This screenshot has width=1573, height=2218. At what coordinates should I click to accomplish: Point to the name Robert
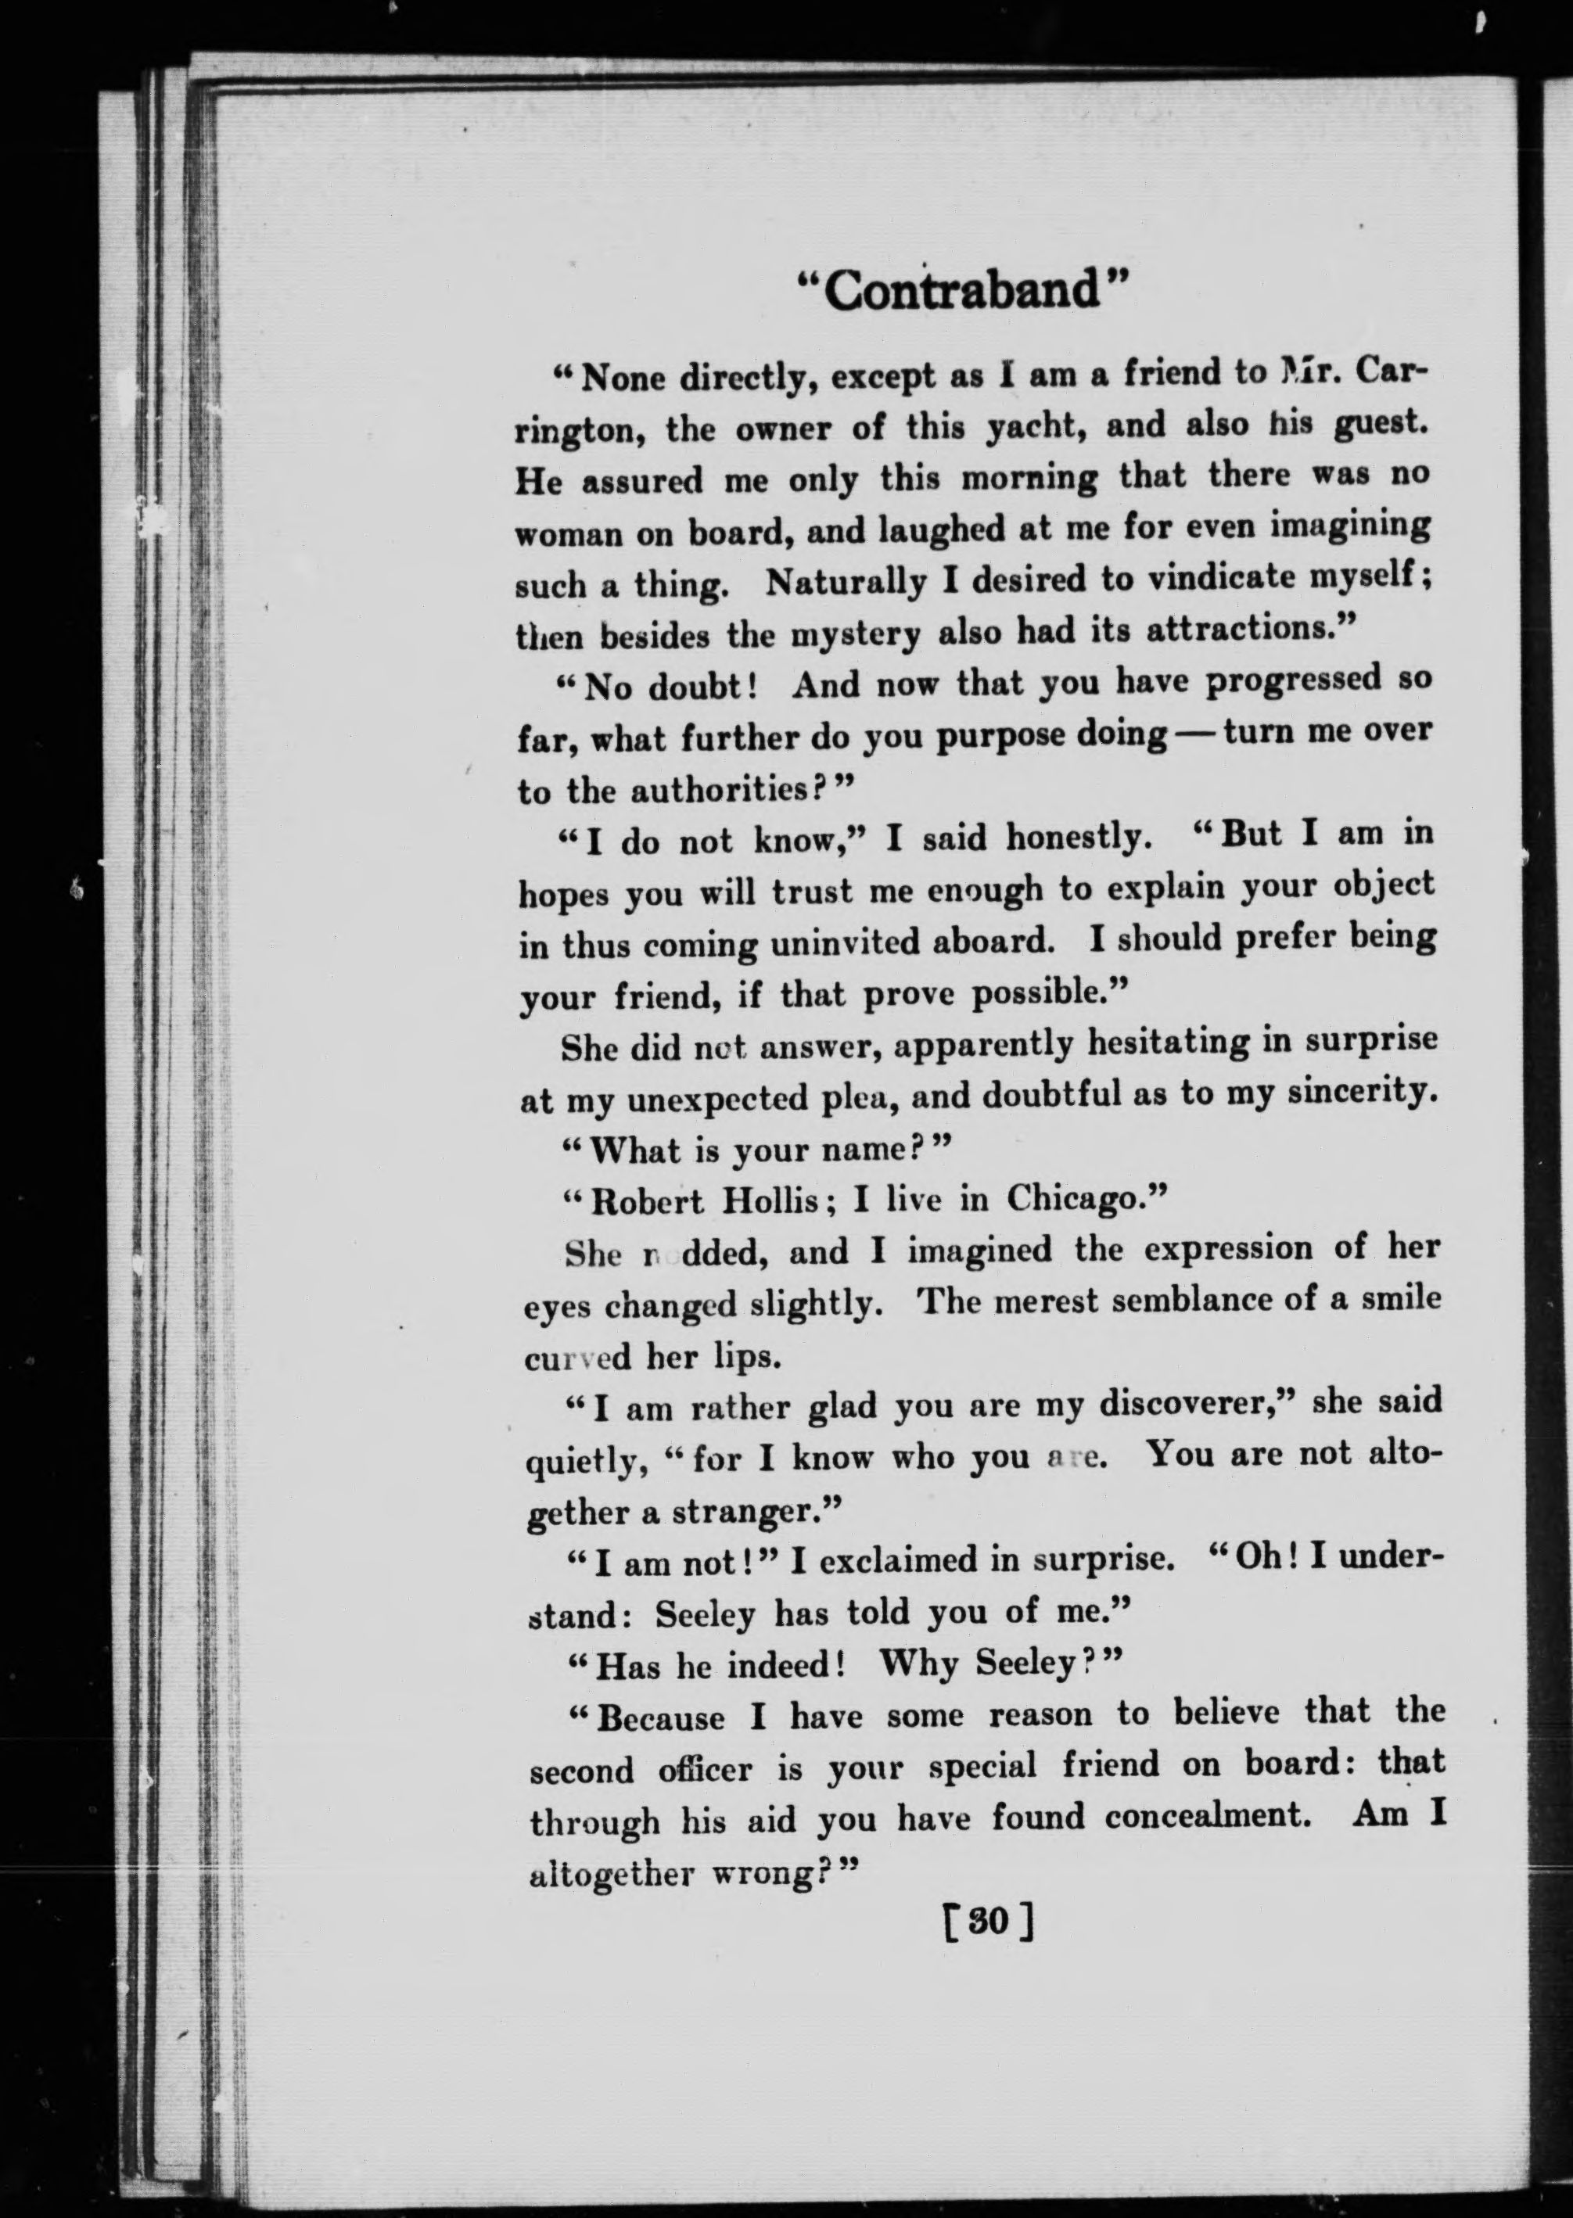coord(647,1202)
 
